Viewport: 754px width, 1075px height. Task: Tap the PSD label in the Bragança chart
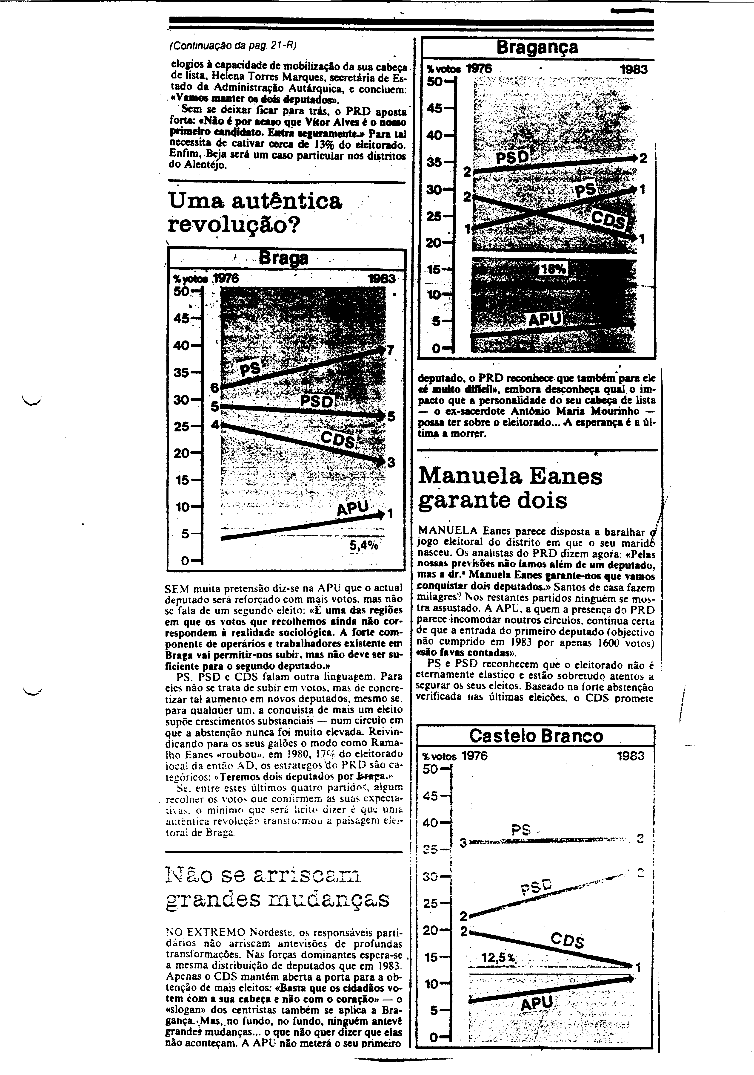pyautogui.click(x=512, y=157)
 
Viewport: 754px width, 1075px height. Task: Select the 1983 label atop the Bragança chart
pyautogui.click(x=633, y=69)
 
